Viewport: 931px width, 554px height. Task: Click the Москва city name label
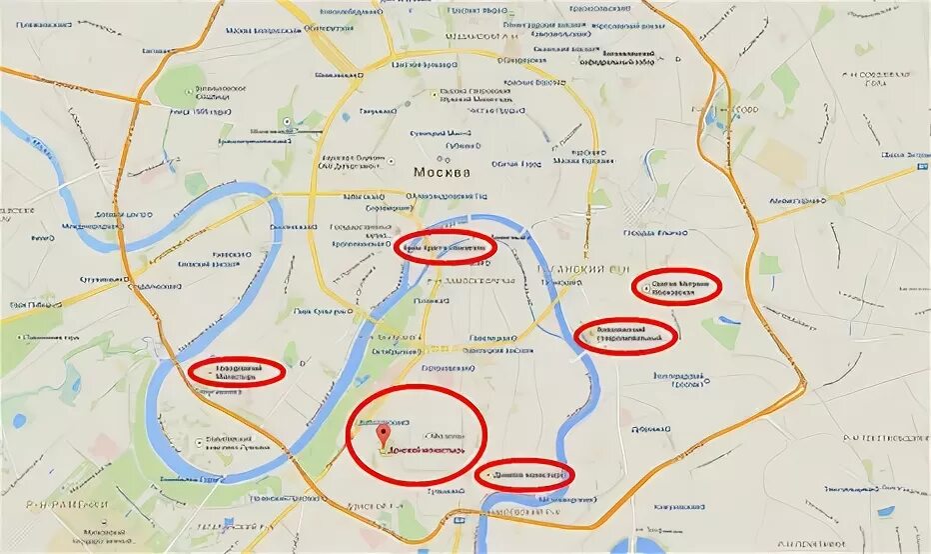441,172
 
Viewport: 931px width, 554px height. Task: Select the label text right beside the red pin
427,452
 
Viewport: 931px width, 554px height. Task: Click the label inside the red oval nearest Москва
445,245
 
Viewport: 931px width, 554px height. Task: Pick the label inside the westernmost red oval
237,371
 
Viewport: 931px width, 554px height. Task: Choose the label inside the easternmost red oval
678,287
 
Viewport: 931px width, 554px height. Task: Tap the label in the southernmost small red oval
526,474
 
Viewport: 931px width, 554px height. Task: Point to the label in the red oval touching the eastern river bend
627,335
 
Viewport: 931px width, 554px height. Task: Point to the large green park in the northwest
181,86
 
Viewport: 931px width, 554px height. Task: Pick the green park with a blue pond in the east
721,330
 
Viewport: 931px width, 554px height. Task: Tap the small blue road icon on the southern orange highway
457,519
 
